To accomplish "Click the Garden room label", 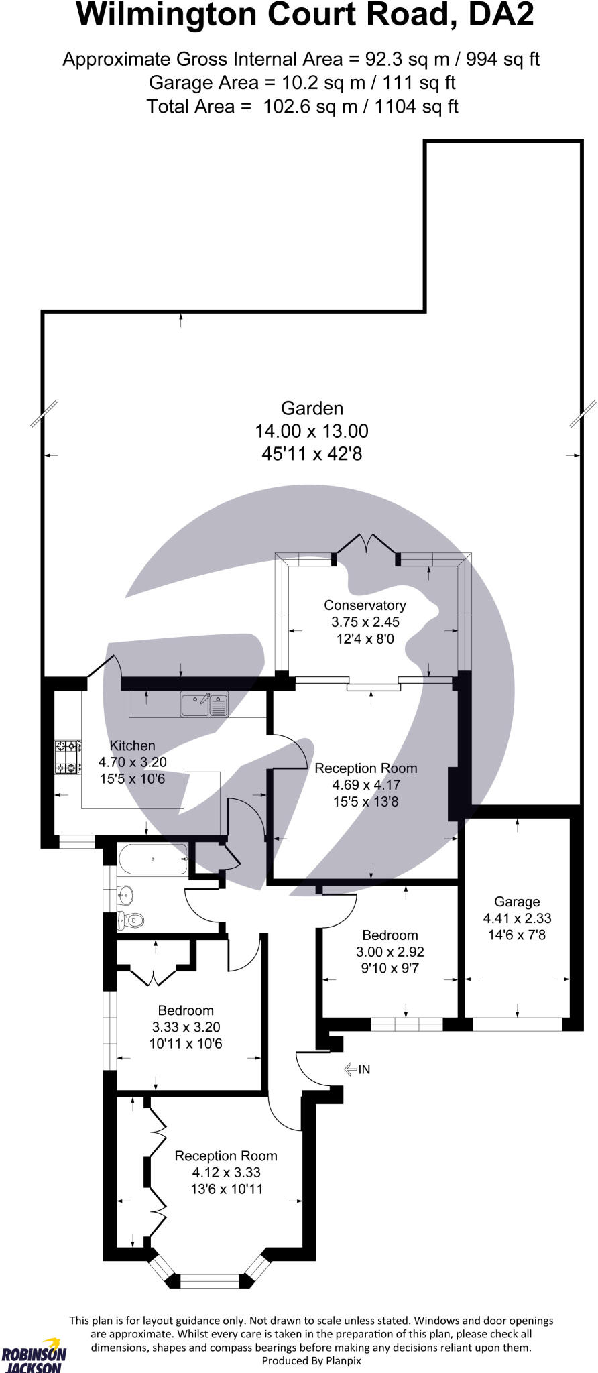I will click(312, 408).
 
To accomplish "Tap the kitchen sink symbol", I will click(204, 705).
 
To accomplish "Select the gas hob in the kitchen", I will click(68, 757).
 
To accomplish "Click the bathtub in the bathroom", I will click(153, 859).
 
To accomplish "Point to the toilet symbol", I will click(131, 920).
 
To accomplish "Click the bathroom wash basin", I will click(125, 893).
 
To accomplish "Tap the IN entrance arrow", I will click(357, 1069).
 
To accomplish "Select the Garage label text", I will click(517, 902).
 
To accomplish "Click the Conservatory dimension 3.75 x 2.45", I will click(365, 622).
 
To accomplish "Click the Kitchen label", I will click(132, 745).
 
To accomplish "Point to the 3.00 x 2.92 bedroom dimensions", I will click(390, 951).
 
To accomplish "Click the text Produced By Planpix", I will click(311, 1360).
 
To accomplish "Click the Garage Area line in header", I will click(302, 82).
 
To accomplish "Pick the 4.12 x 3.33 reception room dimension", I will click(226, 1173).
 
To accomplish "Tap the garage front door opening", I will click(517, 1024).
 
